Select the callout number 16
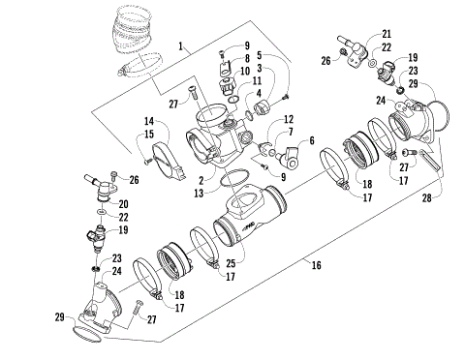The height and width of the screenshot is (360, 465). tap(315, 263)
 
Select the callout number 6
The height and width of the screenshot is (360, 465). tap(313, 139)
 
